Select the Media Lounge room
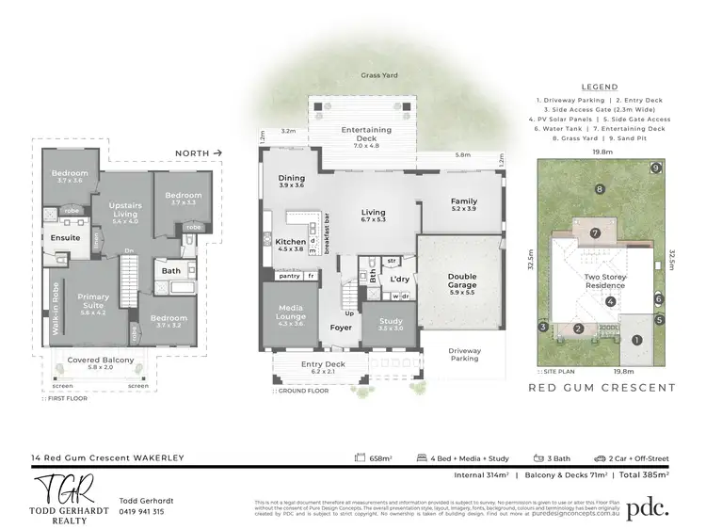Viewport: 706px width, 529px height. pos(291,319)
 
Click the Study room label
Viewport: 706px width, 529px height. pos(390,324)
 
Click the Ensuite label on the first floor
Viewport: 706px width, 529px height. pos(64,238)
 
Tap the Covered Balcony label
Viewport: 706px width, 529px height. pos(98,361)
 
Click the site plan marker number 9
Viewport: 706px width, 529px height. pos(655,168)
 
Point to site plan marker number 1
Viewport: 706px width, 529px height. pos(637,340)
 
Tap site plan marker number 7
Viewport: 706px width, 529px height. pos(595,233)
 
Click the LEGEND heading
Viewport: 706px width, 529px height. pos(600,86)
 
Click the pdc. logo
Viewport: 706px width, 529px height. pos(648,506)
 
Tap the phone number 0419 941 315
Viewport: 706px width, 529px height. pos(142,512)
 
